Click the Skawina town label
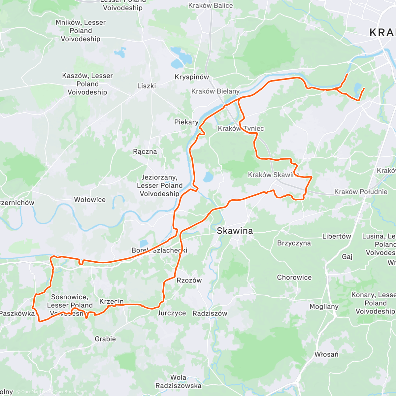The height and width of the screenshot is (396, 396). click(235, 231)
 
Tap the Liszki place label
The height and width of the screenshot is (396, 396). click(147, 86)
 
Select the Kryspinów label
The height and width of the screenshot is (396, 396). click(192, 77)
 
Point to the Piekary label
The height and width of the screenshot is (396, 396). click(186, 122)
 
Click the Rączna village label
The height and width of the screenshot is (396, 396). click(145, 152)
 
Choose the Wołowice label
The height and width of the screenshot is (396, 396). click(90, 200)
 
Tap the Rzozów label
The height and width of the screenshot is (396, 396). click(189, 280)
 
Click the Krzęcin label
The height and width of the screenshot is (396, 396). click(112, 301)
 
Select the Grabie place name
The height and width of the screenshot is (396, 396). click(105, 339)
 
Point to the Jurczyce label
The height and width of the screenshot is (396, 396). click(172, 313)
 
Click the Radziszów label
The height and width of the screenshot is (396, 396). click(210, 313)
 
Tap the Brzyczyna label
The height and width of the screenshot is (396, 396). click(294, 243)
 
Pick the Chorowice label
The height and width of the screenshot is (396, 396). click(294, 278)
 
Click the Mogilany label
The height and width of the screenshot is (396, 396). click(324, 307)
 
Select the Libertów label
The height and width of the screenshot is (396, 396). click(337, 236)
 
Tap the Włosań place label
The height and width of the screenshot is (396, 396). click(326, 354)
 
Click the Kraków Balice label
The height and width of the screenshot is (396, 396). click(211, 6)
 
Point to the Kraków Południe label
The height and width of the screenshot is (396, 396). click(361, 192)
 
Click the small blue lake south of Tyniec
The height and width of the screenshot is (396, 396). click(208, 177)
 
